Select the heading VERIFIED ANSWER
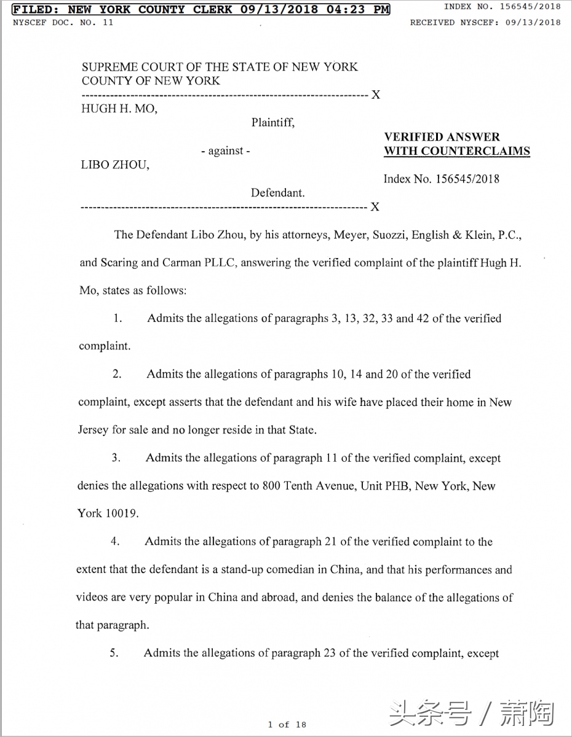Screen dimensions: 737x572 442,137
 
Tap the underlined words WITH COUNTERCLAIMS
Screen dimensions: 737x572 457,151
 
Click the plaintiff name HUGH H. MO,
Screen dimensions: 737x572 119,109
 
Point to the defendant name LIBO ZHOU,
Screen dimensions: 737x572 115,165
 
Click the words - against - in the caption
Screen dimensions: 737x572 225,151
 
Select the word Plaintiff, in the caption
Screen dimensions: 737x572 272,123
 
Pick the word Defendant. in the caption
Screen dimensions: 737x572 277,193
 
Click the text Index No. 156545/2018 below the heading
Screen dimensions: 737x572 441,179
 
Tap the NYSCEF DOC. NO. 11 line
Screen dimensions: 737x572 63,23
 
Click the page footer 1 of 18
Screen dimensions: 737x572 287,725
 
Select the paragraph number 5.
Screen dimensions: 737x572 114,653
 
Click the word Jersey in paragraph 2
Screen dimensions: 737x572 93,430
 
